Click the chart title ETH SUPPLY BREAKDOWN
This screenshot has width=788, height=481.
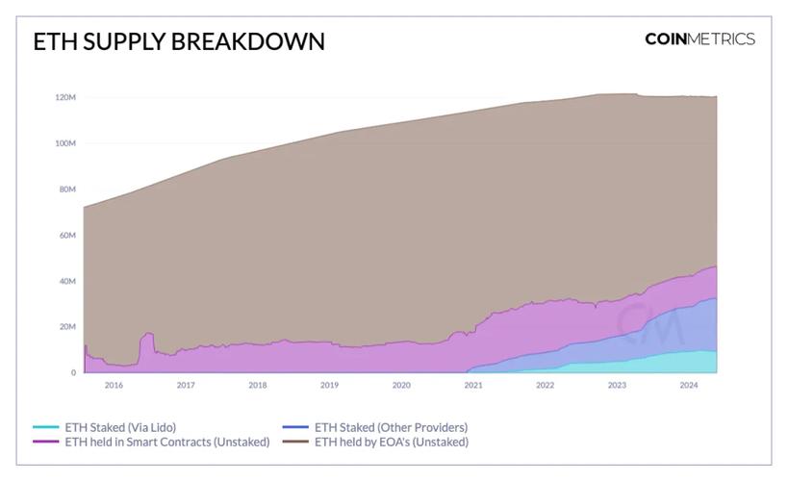click(179, 41)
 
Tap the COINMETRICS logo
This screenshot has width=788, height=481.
click(699, 39)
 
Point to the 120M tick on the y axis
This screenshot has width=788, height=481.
click(65, 97)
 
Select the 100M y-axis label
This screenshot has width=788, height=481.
click(65, 143)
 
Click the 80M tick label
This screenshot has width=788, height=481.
click(67, 190)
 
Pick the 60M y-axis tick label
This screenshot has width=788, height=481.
click(67, 236)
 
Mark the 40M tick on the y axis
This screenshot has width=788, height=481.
click(67, 281)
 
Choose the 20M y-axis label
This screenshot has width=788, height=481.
click(67, 327)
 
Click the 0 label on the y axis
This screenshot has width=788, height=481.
click(73, 372)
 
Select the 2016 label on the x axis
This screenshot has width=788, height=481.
click(114, 386)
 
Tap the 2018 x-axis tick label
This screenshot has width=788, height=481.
click(258, 386)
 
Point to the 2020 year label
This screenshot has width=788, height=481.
click(401, 386)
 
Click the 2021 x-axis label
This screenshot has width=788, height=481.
click(473, 386)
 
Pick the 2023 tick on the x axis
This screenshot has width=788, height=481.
click(617, 386)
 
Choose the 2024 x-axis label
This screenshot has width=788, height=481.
click(689, 386)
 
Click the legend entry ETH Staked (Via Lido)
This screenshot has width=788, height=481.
click(120, 427)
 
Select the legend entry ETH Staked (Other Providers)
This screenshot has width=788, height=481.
click(391, 427)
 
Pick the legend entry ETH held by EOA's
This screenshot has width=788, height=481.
click(391, 443)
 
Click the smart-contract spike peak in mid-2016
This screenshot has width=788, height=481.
click(148, 334)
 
